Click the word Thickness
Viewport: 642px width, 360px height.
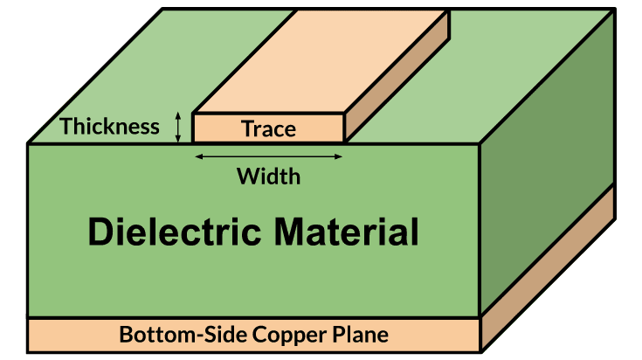(x=109, y=126)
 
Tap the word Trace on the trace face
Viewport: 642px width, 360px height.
(x=268, y=129)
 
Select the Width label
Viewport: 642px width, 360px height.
(x=268, y=177)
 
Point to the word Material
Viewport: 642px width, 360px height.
(x=347, y=233)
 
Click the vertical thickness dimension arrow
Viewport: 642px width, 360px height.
(x=178, y=128)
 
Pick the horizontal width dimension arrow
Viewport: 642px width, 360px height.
(x=268, y=156)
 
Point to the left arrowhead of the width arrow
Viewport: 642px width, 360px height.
(x=197, y=156)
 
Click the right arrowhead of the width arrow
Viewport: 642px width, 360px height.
(x=340, y=156)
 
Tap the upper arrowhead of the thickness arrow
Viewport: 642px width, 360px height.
(x=178, y=115)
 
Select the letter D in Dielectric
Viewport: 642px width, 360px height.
(x=100, y=233)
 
